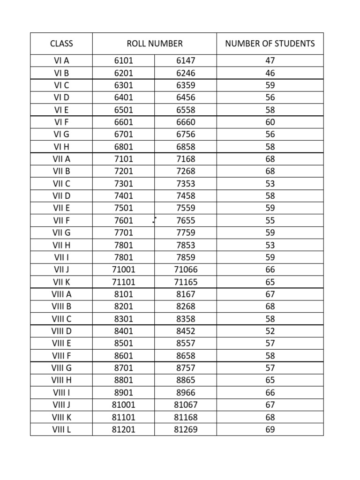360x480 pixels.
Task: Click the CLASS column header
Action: click(61, 44)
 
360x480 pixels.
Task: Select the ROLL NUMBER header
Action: click(155, 44)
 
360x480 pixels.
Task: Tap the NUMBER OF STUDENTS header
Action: click(270, 44)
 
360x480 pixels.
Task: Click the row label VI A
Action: click(61, 61)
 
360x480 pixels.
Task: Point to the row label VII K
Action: click(61, 282)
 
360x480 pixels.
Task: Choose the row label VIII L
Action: click(61, 429)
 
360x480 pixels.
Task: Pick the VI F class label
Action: click(61, 122)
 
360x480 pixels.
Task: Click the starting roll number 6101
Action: click(124, 61)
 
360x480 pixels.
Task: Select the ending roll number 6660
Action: click(186, 122)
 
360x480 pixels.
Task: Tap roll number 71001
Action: click(124, 270)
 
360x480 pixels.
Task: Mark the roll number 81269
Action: click(186, 429)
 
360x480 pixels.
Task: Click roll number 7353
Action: click(186, 184)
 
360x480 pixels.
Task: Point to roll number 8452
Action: click(186, 331)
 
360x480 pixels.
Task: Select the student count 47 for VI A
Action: click(270, 61)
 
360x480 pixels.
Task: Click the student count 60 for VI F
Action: click(270, 122)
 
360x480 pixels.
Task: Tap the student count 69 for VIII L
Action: click(270, 429)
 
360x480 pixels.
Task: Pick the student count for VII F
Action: click(270, 220)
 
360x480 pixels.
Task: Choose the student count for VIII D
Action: click(270, 331)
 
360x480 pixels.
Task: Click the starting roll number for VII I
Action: click(124, 257)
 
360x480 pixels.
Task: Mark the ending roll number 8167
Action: click(186, 294)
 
